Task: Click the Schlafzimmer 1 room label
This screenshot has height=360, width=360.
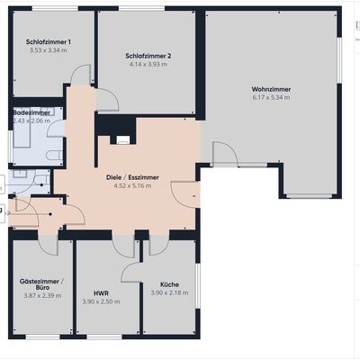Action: tap(49, 42)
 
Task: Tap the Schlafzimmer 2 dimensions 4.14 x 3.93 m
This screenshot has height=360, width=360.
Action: tap(148, 64)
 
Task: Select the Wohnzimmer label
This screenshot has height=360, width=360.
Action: tap(271, 89)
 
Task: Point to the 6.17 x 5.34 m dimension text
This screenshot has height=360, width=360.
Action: tap(271, 97)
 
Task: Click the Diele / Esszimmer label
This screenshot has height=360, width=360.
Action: tap(132, 177)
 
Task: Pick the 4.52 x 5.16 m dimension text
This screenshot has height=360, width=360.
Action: tap(132, 185)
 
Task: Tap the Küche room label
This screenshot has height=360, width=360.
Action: tap(169, 284)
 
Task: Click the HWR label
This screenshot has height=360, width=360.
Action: tap(101, 293)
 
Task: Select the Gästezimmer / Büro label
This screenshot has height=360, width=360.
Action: tap(42, 284)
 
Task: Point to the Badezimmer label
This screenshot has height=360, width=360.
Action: tap(31, 112)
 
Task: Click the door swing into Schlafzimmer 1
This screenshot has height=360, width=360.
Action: tap(80, 75)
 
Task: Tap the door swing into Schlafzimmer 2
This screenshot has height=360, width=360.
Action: tap(107, 100)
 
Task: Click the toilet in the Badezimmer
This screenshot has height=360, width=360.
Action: tap(54, 155)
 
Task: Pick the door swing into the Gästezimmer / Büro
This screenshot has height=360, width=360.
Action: tap(48, 245)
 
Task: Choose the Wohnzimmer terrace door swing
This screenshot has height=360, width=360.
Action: tap(225, 154)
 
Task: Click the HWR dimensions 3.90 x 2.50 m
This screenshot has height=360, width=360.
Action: tap(101, 301)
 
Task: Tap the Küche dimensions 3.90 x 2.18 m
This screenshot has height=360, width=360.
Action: tap(169, 292)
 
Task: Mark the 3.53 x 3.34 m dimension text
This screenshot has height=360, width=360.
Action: tap(49, 50)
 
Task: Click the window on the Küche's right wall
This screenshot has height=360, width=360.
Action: tap(198, 286)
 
